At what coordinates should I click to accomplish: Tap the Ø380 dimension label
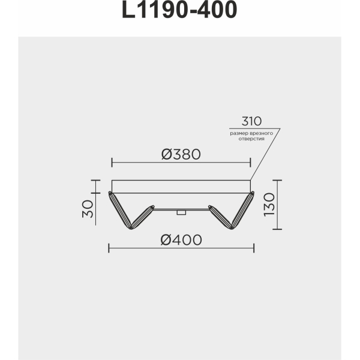click(181, 154)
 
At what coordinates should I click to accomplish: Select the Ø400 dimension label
click(181, 239)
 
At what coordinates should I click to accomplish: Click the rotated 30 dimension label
click(88, 210)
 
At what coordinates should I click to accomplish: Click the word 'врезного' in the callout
click(263, 132)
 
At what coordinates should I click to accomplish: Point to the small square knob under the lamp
click(180, 212)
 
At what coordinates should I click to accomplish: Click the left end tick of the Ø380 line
click(112, 162)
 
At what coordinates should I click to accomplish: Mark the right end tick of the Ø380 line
click(250, 162)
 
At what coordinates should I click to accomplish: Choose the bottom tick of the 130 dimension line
click(277, 229)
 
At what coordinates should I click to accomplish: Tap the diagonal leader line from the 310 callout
click(265, 154)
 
